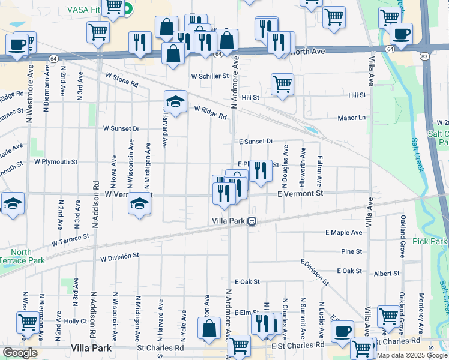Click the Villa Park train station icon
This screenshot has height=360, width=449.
click(253, 221)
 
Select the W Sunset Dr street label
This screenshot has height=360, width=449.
click(121, 128)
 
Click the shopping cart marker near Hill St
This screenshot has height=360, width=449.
click(282, 85)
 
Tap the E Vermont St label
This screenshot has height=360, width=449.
click(300, 193)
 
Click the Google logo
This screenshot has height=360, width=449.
click(19, 353)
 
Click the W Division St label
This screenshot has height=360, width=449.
click(119, 256)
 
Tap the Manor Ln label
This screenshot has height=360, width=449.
click(351, 118)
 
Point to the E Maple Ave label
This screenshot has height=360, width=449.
click(344, 232)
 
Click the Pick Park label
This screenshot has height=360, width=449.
click(430, 241)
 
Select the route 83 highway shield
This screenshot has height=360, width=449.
click(424, 56)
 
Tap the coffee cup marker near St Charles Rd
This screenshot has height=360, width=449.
click(343, 331)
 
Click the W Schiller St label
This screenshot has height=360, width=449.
click(210, 76)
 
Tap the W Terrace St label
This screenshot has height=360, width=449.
click(70, 240)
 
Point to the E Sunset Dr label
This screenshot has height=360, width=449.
click(256, 142)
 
